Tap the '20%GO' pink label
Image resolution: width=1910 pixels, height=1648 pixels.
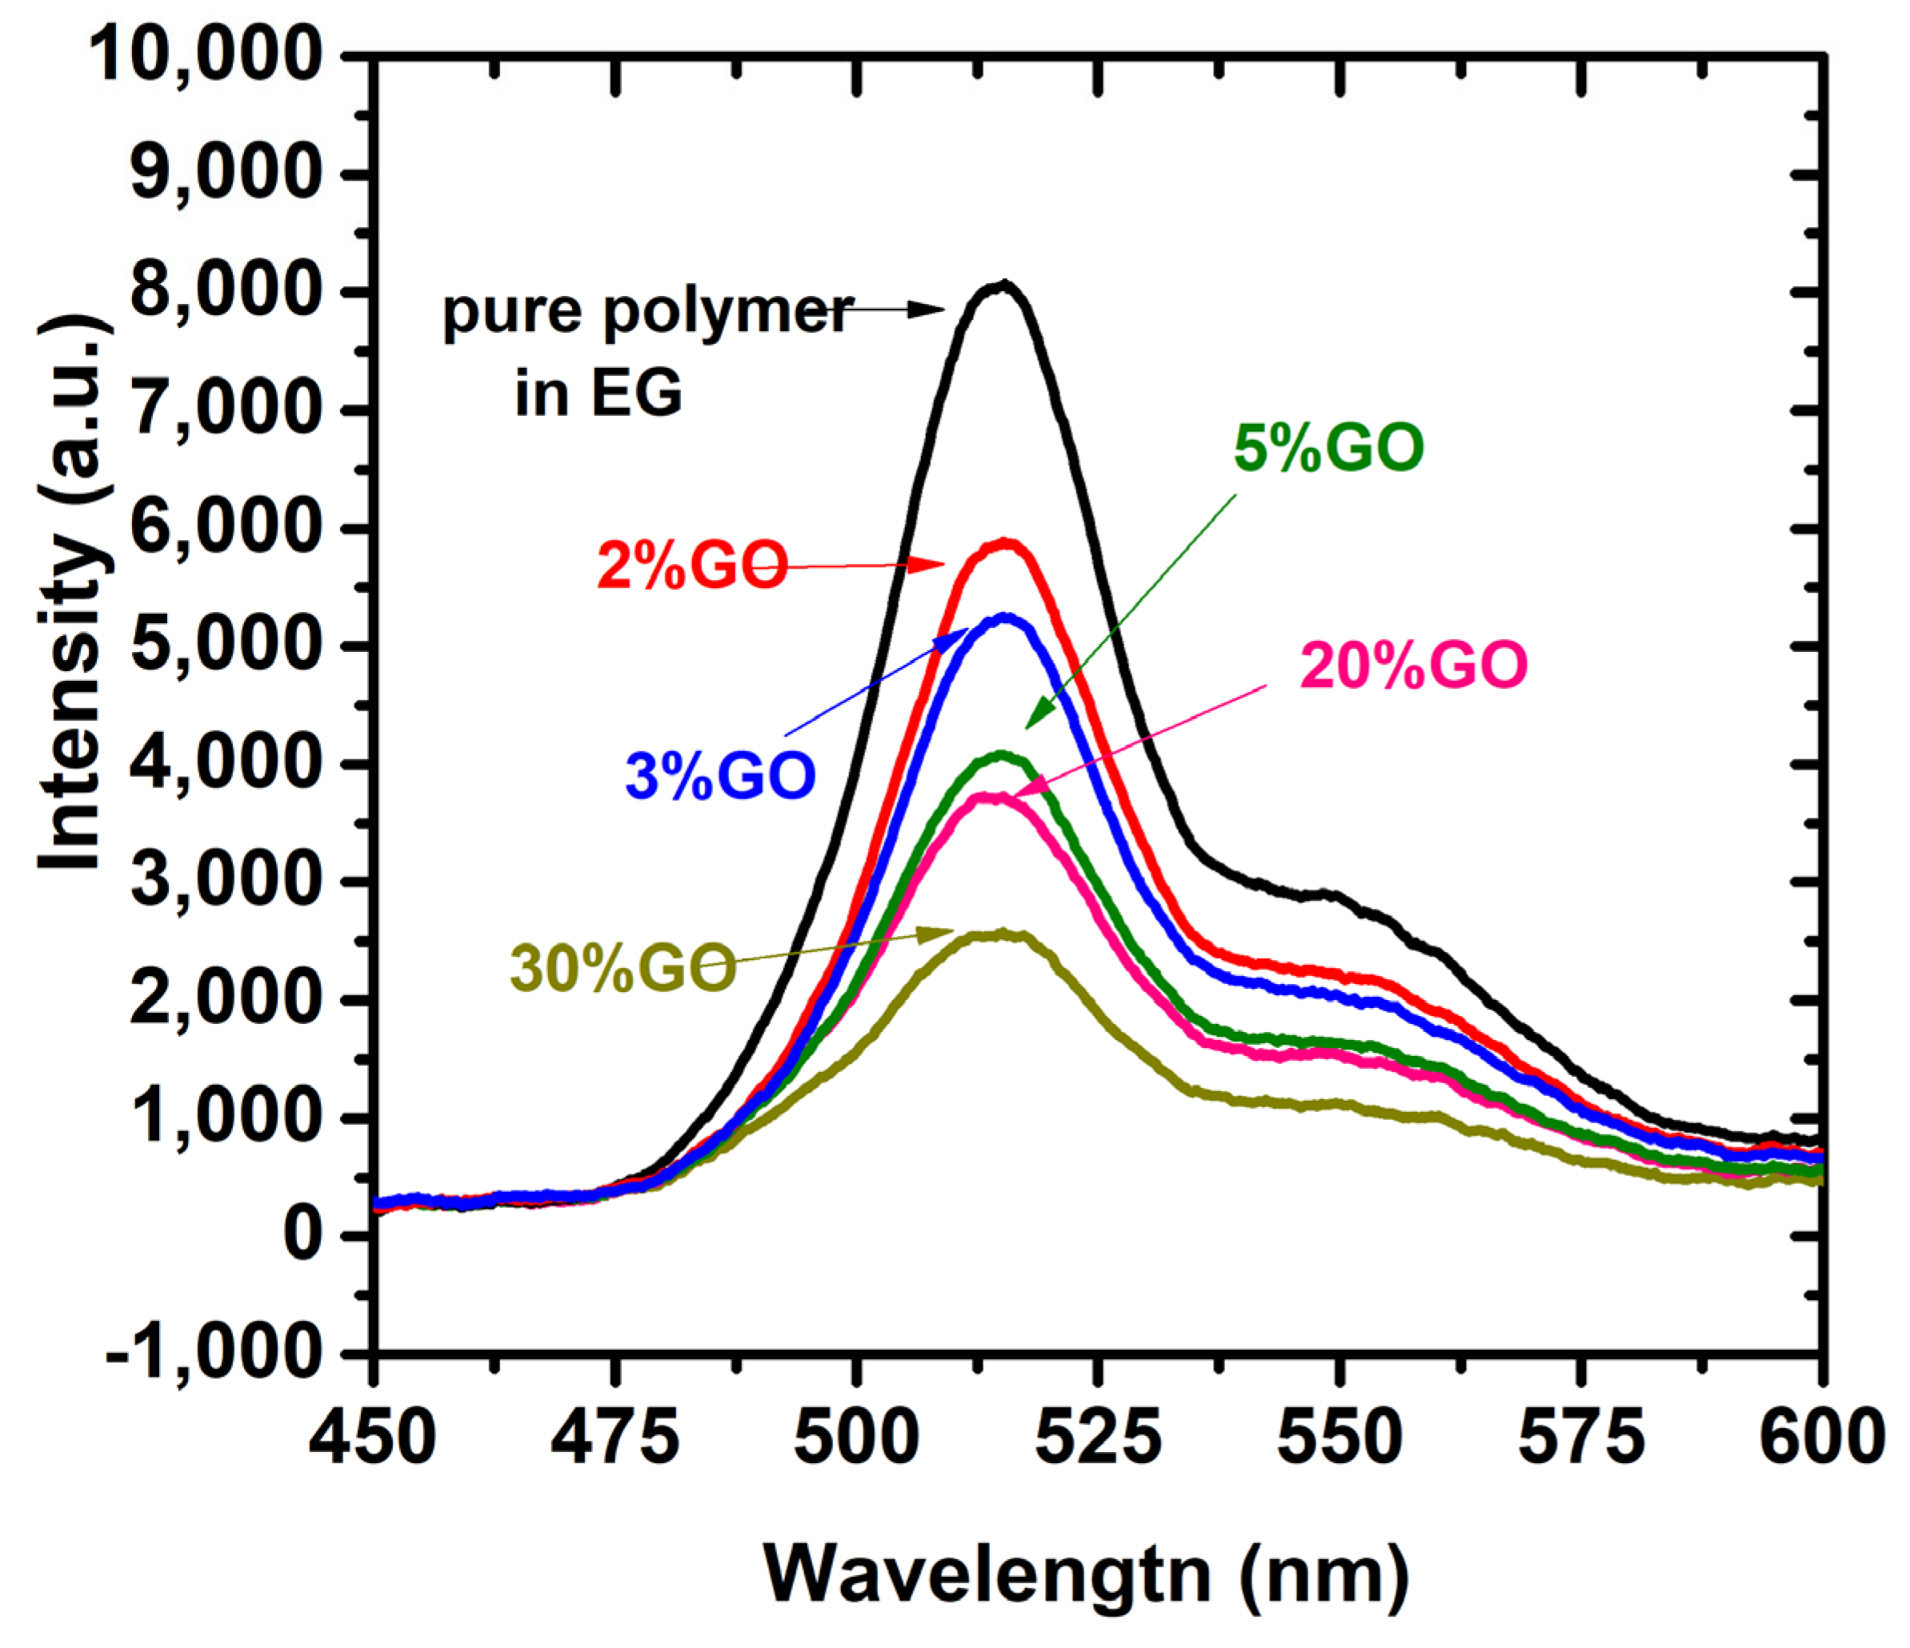tap(1413, 666)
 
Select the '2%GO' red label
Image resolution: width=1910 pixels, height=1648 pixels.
tap(692, 565)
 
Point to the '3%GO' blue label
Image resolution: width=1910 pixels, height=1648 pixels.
tap(720, 775)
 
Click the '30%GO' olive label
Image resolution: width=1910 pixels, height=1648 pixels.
tap(623, 969)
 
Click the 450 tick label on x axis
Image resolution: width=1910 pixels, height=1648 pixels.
tap(372, 1438)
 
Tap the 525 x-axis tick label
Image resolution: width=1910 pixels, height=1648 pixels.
tap(1098, 1438)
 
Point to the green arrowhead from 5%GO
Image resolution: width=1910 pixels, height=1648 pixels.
tap(1038, 715)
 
